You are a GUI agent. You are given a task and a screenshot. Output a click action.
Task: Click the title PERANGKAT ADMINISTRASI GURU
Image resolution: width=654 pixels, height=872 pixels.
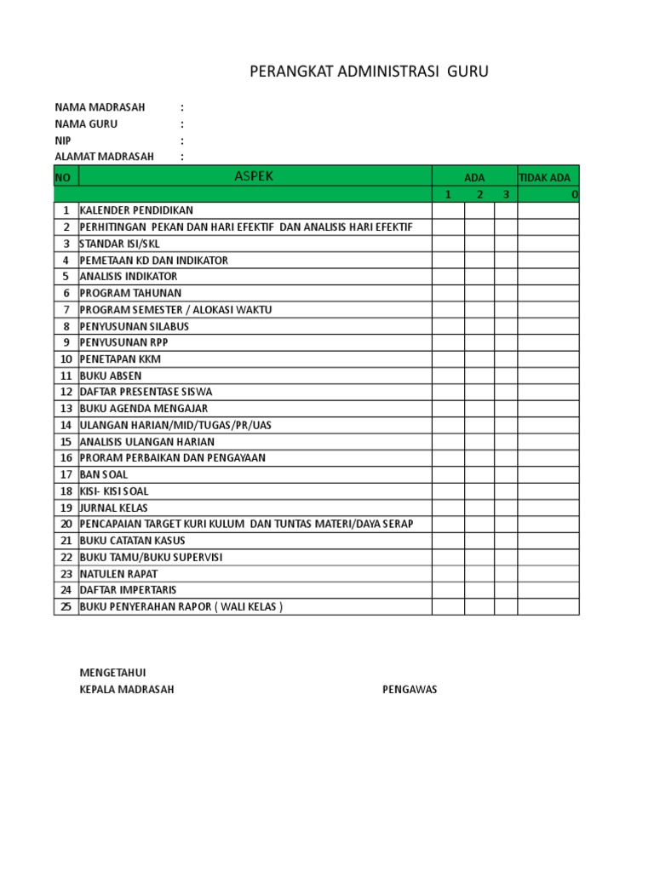point(369,72)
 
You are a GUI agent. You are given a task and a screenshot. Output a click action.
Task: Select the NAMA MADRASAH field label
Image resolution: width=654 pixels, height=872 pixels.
point(100,107)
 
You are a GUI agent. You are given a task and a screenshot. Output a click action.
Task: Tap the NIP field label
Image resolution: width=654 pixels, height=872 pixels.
point(63,141)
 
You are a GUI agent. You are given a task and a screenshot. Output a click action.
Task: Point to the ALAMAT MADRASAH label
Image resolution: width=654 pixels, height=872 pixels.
point(105,157)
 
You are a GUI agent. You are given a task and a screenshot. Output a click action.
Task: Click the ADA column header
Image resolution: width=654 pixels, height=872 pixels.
point(474,177)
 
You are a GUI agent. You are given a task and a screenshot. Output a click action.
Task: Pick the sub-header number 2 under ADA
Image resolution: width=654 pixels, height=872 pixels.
point(479,195)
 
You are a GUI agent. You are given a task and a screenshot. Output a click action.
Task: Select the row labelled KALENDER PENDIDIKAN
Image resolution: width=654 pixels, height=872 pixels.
point(136,210)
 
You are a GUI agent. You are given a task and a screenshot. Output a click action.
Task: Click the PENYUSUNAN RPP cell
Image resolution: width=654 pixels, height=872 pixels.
point(123,342)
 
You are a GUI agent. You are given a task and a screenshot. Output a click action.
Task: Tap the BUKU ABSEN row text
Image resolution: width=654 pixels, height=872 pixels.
point(111,376)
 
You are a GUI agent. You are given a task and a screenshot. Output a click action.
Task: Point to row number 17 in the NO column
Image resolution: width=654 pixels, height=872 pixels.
point(66,474)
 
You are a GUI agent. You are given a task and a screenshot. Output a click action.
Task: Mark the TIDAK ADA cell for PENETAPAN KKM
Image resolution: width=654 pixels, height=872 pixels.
point(548,359)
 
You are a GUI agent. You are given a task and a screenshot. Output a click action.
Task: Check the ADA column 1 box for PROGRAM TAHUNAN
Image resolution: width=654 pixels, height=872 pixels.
point(448,293)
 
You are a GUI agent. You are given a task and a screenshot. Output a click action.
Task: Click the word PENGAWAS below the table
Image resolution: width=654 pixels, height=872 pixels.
point(410,690)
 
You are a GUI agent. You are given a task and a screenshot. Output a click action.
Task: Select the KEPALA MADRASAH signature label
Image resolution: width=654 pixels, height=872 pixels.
point(126,690)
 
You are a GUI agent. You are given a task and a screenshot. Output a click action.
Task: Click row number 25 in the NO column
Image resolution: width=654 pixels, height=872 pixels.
point(66,607)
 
